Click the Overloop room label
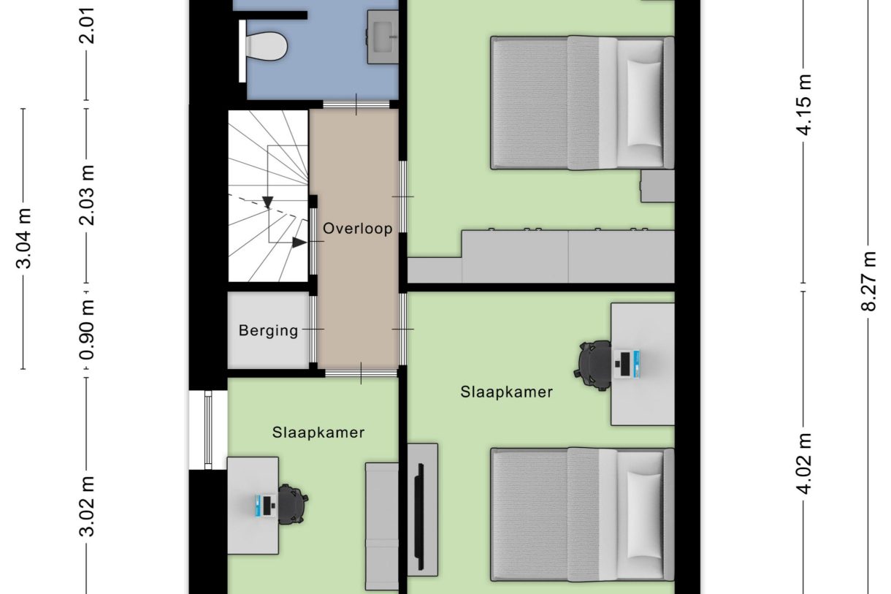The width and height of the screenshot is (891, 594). pyautogui.click(x=358, y=229)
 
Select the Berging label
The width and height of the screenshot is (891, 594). pyautogui.click(x=268, y=331)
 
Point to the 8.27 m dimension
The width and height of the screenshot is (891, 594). pyautogui.click(x=868, y=281)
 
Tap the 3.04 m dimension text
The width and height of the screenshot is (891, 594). pyautogui.click(x=24, y=238)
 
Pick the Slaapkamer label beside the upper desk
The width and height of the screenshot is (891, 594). pyautogui.click(x=506, y=392)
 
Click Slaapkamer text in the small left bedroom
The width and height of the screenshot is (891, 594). pyautogui.click(x=318, y=433)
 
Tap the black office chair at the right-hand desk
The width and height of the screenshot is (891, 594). pyautogui.click(x=594, y=363)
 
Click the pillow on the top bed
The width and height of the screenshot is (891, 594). pyautogui.click(x=644, y=103)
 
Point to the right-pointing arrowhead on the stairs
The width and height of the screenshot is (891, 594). pyautogui.click(x=299, y=242)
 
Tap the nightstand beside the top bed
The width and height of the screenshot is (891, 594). pyautogui.click(x=657, y=186)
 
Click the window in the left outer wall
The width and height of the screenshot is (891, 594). pyautogui.click(x=207, y=430)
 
